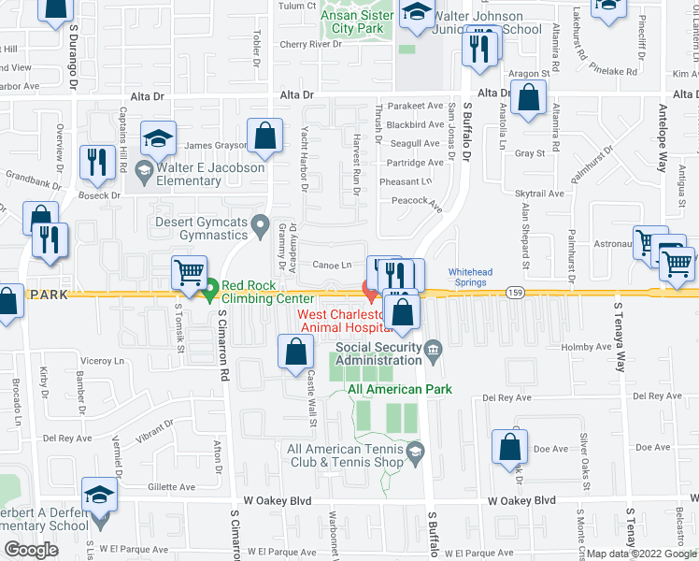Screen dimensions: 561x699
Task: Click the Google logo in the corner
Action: click(x=31, y=550)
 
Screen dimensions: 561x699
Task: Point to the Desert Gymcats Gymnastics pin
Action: click(x=262, y=223)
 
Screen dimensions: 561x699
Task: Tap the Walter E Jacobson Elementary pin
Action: click(x=143, y=170)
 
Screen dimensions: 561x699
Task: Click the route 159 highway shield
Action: click(x=514, y=294)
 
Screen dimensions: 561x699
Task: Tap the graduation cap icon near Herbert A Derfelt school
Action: click(x=99, y=496)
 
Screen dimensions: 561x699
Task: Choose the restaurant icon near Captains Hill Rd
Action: click(x=98, y=163)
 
